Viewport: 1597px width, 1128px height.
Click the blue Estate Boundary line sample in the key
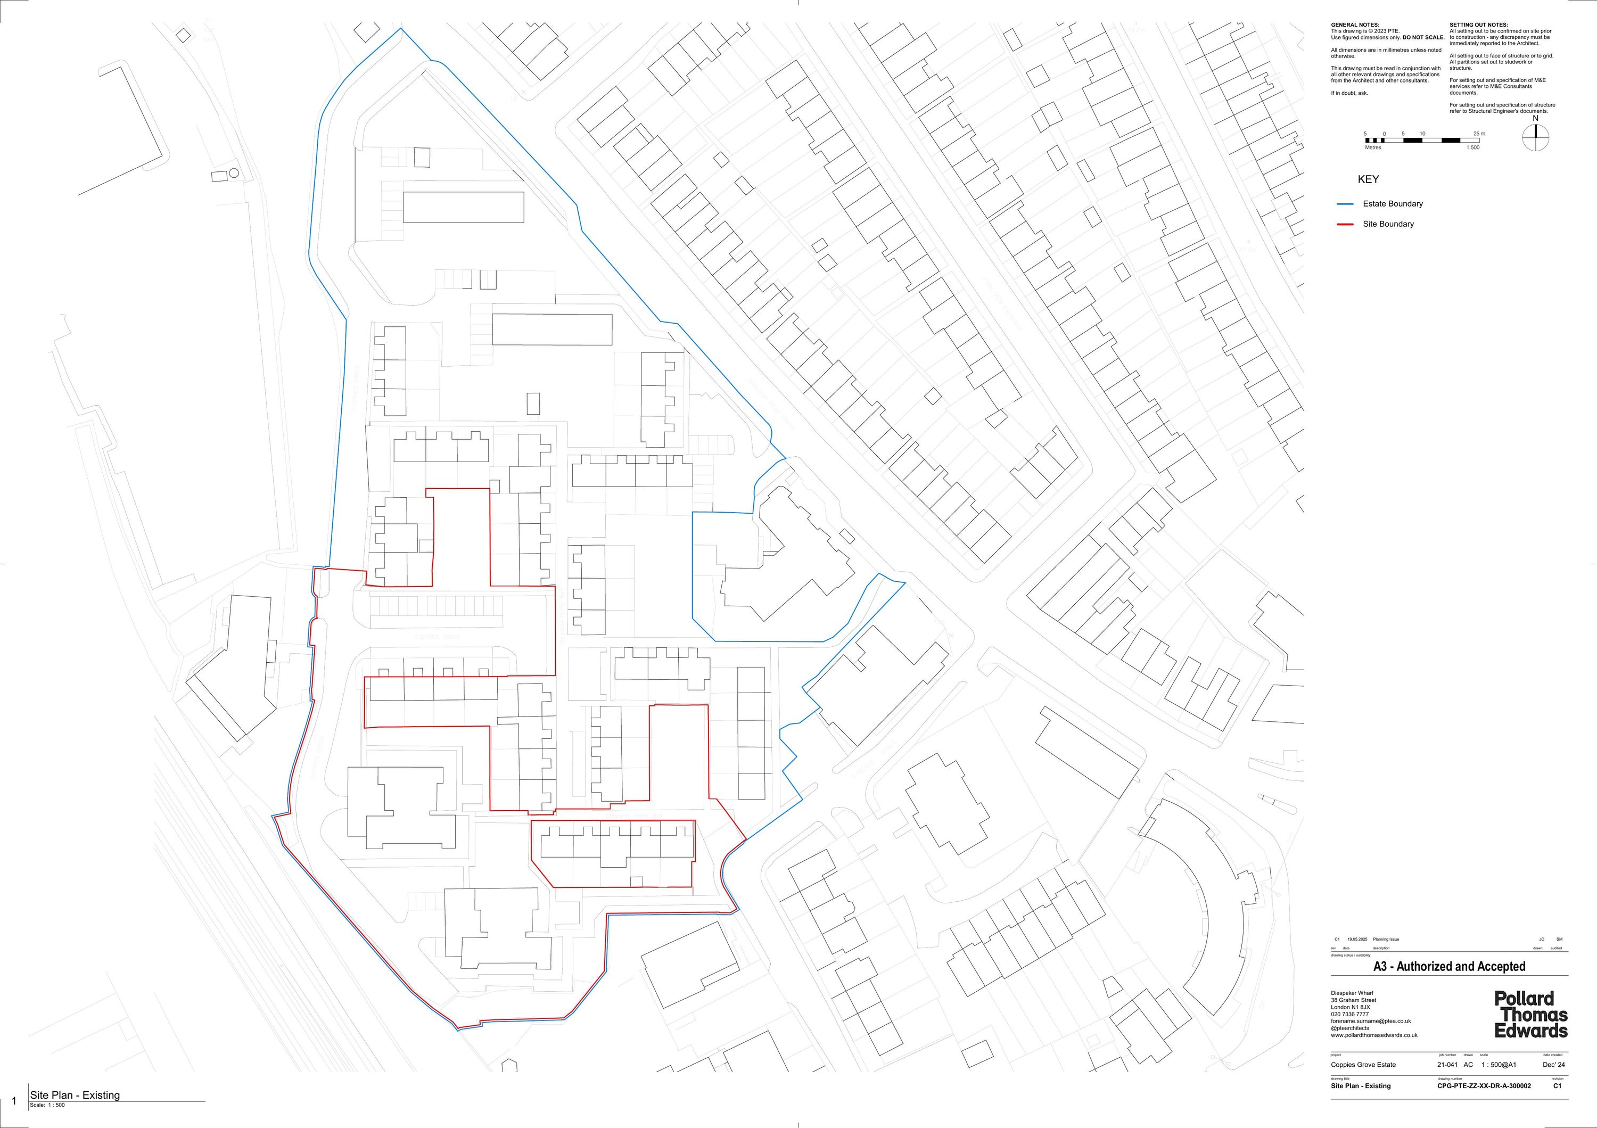click(x=1345, y=204)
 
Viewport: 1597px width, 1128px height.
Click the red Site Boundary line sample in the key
click(x=1345, y=225)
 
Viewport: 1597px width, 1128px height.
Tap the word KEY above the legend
click(x=1368, y=179)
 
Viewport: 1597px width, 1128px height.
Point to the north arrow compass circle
click(x=1536, y=137)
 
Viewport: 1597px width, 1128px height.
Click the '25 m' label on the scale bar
click(x=1479, y=134)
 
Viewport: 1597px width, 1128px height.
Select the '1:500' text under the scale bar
click(x=1472, y=147)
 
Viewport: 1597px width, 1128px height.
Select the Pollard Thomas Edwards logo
click(x=1531, y=1015)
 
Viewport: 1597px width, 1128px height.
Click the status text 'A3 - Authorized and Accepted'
click(x=1449, y=967)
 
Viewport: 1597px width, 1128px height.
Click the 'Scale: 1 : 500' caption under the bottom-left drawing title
click(x=47, y=1105)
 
